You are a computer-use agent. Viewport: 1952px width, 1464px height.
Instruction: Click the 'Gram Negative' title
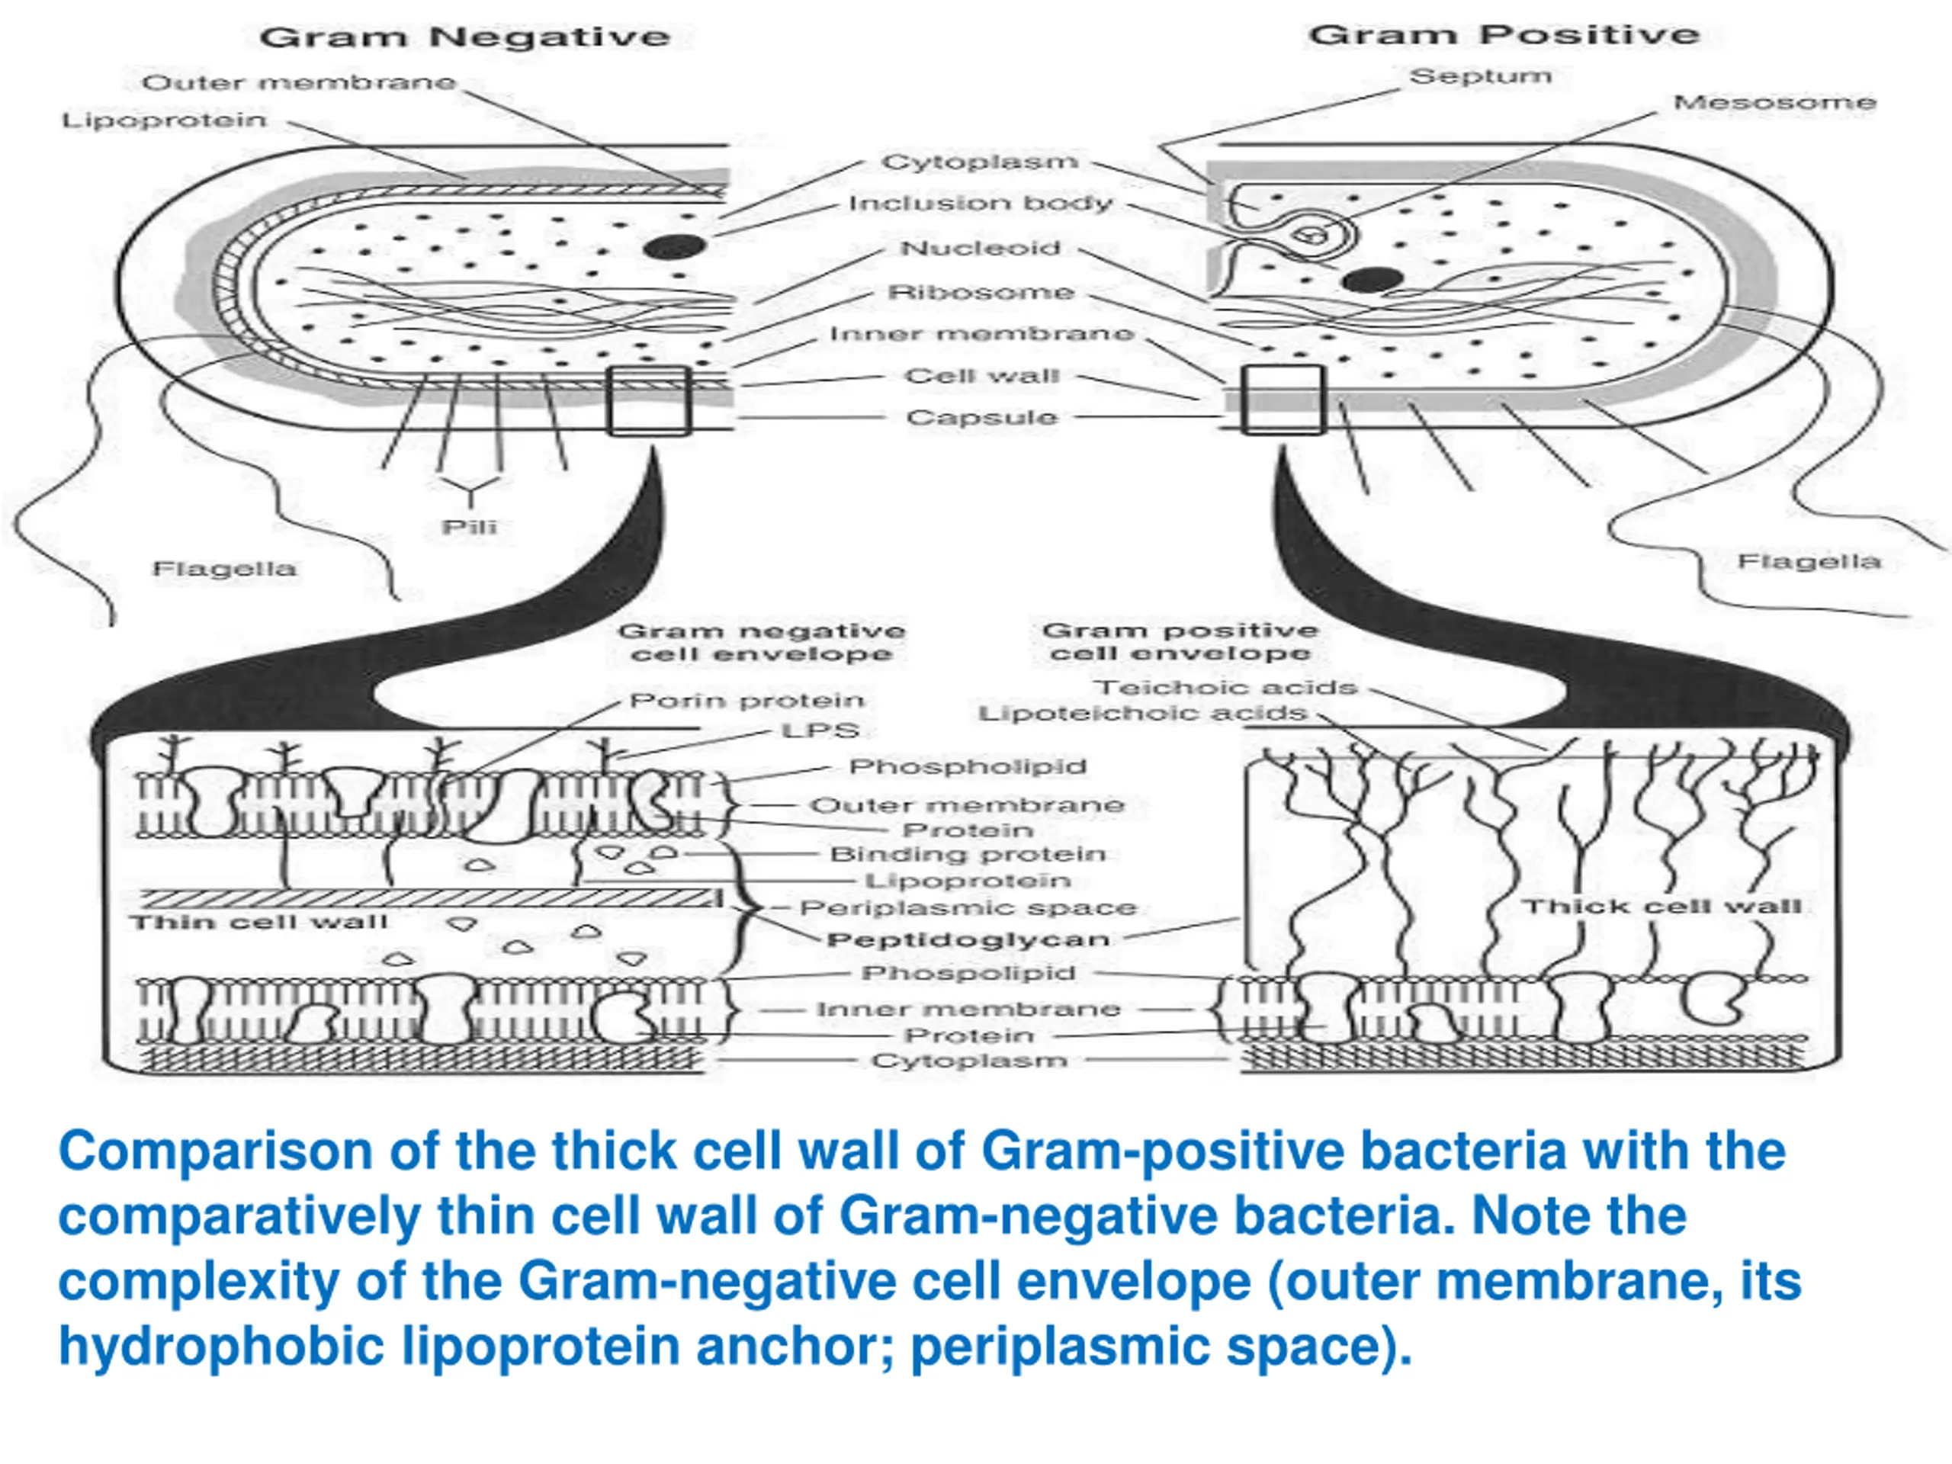click(465, 37)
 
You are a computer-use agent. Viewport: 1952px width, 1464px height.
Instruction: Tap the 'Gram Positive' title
click(1504, 34)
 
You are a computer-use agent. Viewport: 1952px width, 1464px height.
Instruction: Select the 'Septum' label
click(1480, 76)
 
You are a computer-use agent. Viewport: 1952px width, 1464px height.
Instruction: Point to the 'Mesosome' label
click(1774, 102)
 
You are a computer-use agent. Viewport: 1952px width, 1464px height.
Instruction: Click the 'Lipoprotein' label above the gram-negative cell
click(164, 119)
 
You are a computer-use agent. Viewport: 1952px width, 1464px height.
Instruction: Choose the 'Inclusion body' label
click(980, 203)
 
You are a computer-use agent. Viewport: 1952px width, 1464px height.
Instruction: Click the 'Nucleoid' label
click(980, 248)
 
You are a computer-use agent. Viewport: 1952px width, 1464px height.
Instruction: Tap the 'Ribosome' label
click(981, 292)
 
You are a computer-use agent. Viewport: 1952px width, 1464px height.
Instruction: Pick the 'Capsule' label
click(981, 416)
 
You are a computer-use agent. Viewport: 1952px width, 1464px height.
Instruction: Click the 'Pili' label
click(470, 527)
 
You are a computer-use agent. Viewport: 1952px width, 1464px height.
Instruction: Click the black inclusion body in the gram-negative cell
click(675, 247)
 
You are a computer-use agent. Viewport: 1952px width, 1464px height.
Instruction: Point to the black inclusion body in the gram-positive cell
click(1372, 281)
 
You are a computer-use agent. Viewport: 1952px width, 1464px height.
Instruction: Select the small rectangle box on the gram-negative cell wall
click(649, 400)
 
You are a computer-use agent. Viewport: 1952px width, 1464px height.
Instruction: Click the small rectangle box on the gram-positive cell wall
click(1283, 400)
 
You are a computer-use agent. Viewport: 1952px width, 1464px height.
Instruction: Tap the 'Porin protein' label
click(746, 701)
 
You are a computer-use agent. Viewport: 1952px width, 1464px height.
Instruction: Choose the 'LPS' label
click(820, 730)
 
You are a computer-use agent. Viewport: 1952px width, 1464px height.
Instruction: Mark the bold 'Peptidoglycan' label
click(968, 939)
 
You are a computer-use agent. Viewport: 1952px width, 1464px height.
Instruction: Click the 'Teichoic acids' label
click(1225, 688)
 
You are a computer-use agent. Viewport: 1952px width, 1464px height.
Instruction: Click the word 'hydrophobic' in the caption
click(220, 1347)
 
